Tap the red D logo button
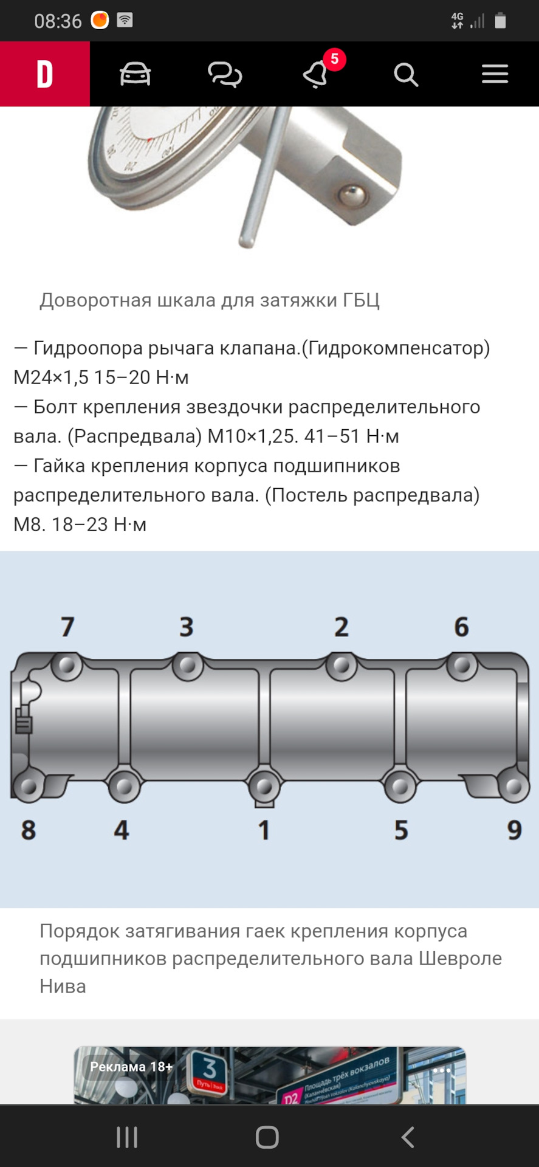point(45,74)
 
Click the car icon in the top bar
point(135,74)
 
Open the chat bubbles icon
point(225,75)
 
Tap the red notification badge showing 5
point(334,60)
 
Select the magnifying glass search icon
point(405,75)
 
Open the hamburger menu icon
point(495,74)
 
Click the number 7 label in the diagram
point(67,627)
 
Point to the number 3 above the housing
point(187,627)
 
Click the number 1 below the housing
point(264,830)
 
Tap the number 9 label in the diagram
point(514,830)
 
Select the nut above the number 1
point(264,787)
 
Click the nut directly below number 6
point(462,666)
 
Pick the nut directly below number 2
point(342,666)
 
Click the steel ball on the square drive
point(352,196)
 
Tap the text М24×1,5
point(52,377)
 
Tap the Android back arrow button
point(408,1137)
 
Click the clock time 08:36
point(58,21)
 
